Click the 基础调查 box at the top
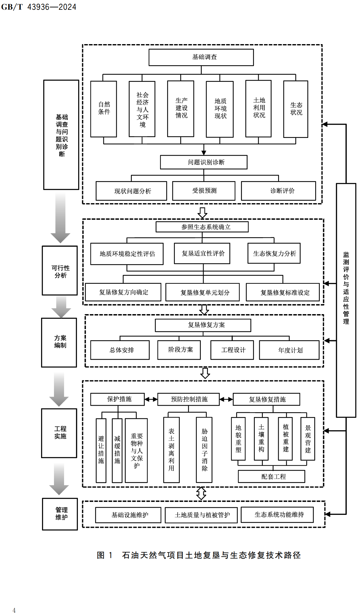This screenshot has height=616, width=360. pos(201,57)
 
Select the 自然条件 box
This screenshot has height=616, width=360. pos(104,109)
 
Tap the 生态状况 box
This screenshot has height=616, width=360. pos(296,109)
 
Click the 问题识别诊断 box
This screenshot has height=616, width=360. pos(204,162)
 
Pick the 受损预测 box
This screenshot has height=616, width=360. pos(204,191)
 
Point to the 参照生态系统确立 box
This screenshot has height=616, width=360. pos(202,227)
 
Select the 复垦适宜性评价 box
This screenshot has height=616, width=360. pos(202,253)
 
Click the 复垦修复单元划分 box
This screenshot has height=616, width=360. pos(202,292)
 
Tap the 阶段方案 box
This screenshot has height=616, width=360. pos(179,350)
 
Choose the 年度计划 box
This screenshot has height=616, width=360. pos(289,350)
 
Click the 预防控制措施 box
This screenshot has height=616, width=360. pos(189,399)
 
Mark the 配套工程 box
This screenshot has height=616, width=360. pos(272,477)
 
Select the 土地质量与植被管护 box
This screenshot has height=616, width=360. pos(201,515)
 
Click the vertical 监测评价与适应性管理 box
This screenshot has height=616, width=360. pos(346,300)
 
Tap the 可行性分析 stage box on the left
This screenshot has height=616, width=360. pos(60,271)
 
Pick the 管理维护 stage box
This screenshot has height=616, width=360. pos(60,514)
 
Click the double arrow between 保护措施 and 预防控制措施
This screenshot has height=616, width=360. pos(151,399)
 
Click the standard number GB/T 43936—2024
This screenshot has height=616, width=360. pos(39,7)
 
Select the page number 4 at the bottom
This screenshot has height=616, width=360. pos(14,610)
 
